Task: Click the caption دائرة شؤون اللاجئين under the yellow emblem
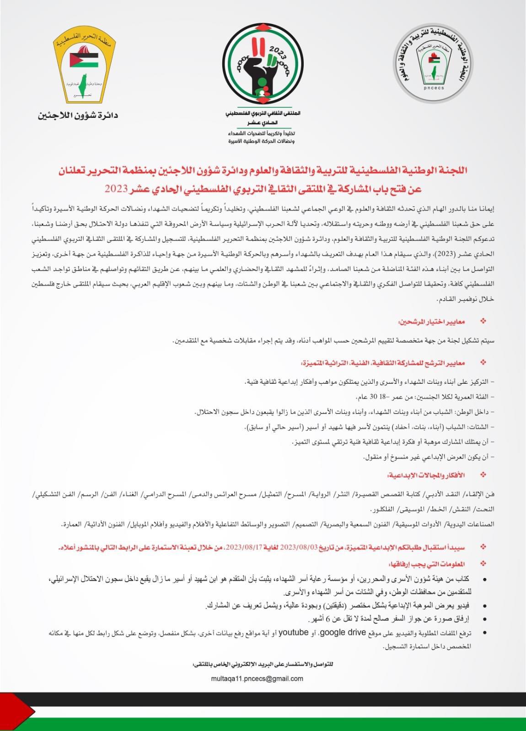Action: tap(78, 115)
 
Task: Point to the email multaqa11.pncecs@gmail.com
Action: tap(257, 678)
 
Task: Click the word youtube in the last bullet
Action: tap(294, 632)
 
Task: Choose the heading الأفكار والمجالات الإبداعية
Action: tap(426, 475)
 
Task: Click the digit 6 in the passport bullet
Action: tap(328, 619)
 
